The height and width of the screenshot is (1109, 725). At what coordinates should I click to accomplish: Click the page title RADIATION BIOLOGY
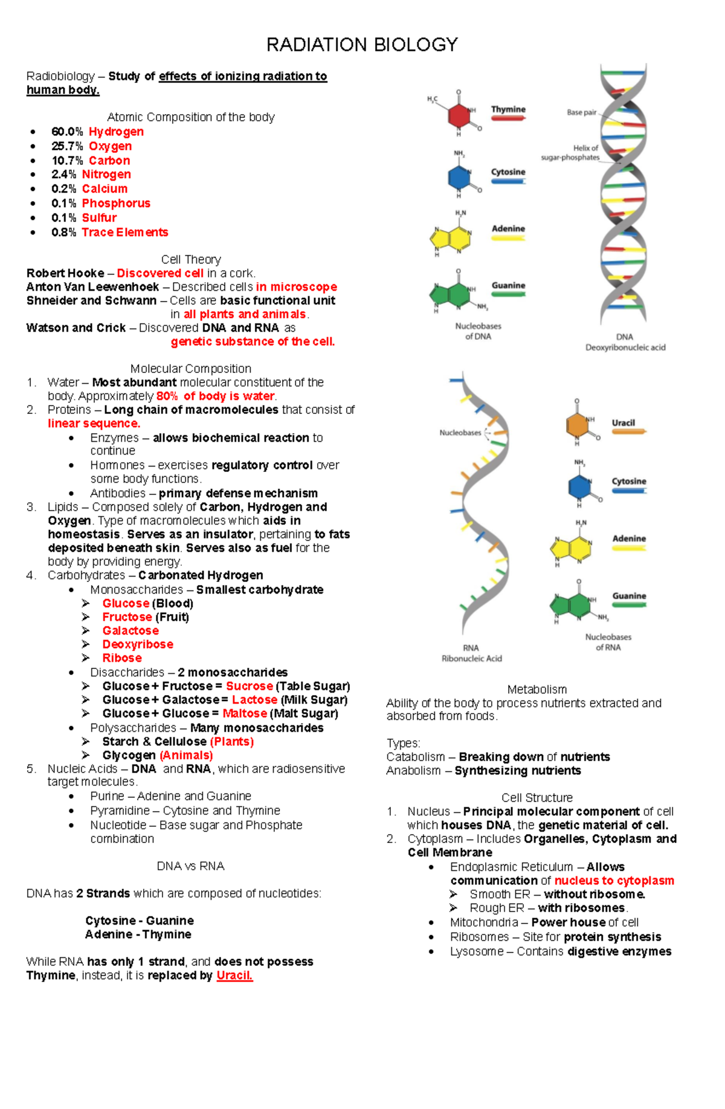tap(362, 45)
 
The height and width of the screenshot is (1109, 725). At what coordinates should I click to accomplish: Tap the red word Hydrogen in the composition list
tap(116, 132)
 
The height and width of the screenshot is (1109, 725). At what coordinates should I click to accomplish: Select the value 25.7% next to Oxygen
tap(67, 146)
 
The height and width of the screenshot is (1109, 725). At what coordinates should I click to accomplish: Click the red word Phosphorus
tap(116, 204)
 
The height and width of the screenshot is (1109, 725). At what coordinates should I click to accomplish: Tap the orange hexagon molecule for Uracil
tap(577, 424)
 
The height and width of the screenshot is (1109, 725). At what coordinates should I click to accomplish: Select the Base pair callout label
tap(581, 112)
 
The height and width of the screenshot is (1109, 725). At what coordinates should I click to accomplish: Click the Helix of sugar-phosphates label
tap(570, 153)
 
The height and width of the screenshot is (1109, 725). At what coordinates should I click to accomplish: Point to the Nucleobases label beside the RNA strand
tap(460, 433)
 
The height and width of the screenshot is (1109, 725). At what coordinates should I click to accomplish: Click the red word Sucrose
tap(249, 686)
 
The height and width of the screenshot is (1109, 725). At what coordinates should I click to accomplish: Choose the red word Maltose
tap(244, 713)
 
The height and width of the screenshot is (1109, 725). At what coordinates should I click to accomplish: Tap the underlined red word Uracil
tap(234, 975)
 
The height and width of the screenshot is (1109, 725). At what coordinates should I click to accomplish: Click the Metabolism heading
tap(536, 690)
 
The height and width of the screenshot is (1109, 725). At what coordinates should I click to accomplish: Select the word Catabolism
tap(415, 757)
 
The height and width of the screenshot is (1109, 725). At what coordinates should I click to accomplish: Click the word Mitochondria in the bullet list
tap(483, 922)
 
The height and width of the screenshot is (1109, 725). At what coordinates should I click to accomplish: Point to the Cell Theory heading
tap(191, 260)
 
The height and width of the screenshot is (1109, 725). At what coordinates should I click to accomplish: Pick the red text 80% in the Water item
tap(167, 396)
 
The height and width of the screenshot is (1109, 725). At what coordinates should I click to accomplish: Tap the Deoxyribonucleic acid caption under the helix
tap(625, 348)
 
